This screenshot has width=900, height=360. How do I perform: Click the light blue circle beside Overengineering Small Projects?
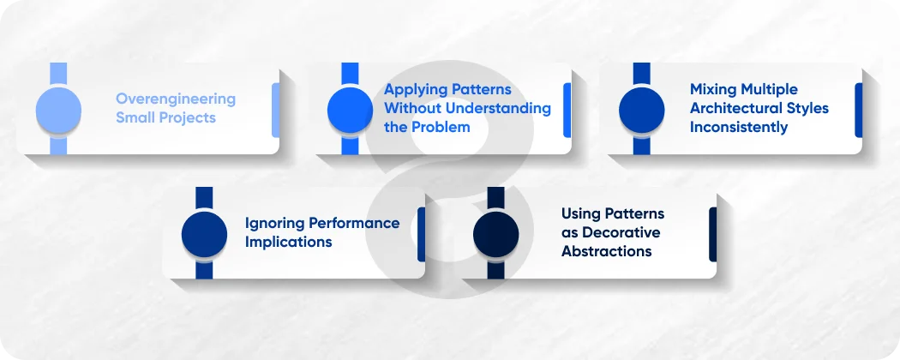(58, 110)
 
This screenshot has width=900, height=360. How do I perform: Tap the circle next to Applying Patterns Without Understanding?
(350, 110)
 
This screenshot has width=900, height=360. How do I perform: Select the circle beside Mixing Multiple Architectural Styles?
(641, 110)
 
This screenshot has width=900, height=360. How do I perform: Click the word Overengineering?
(175, 99)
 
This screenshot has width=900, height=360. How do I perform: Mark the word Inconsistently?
(738, 127)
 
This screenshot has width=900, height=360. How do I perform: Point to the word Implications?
(288, 242)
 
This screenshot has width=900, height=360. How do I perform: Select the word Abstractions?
(606, 251)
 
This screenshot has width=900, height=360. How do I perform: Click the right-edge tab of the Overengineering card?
(275, 110)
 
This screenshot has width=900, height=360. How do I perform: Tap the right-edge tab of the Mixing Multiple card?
(858, 110)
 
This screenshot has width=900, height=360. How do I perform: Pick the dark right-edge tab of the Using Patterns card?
(712, 233)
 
